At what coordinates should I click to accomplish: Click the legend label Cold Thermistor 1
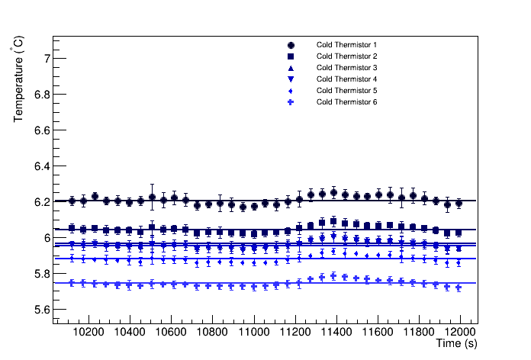(346, 45)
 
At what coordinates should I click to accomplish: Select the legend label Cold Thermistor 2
(346, 56)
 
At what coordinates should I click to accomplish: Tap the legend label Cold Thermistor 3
(346, 68)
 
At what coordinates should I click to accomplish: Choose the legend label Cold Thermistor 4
(346, 79)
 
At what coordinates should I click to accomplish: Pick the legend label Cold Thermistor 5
(346, 91)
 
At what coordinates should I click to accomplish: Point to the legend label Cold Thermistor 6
(346, 102)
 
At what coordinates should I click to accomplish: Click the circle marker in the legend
(291, 45)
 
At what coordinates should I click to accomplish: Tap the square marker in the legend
(291, 56)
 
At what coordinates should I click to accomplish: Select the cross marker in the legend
(291, 102)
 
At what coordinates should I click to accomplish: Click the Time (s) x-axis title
(456, 345)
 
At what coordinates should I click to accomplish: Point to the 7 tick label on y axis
(47, 58)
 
